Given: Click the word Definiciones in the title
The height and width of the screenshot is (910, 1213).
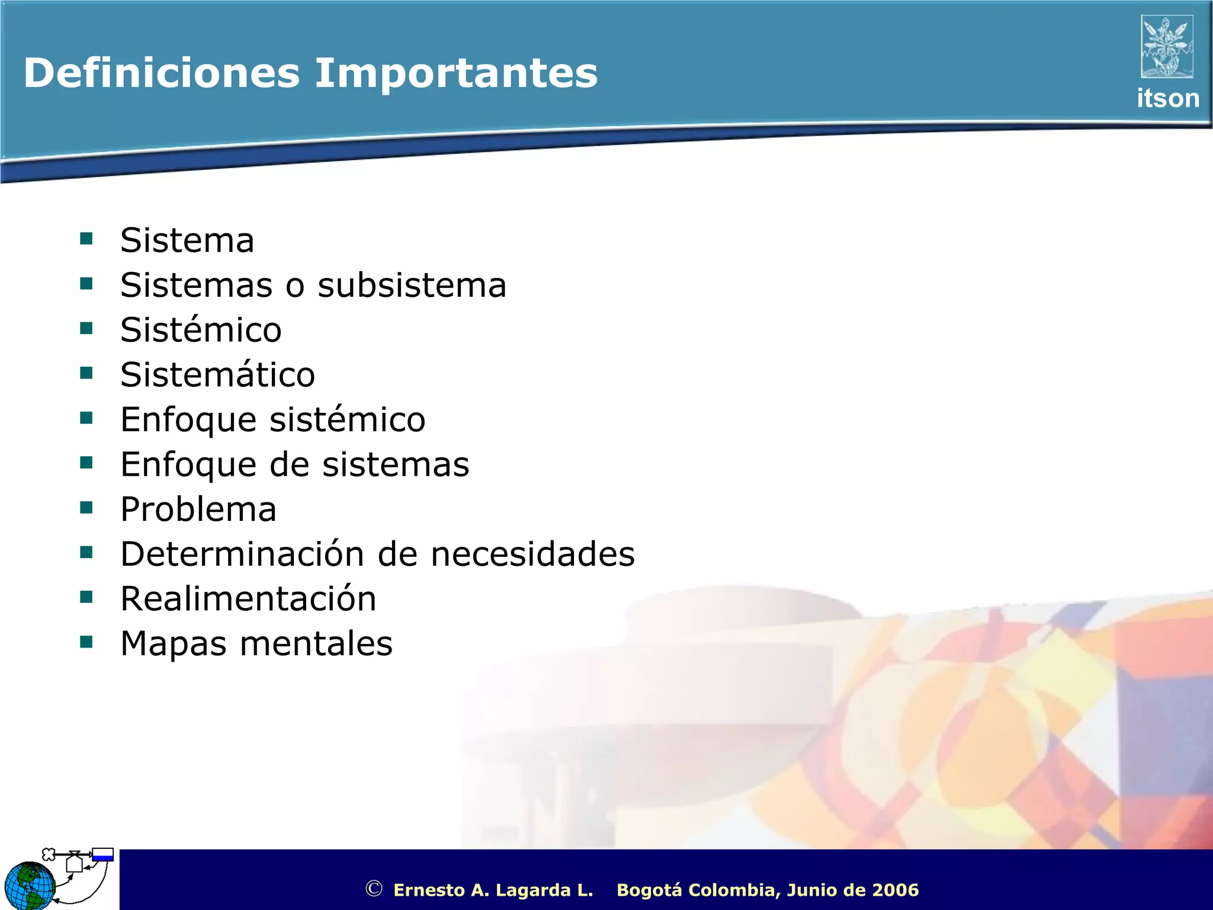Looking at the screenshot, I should pyautogui.click(x=162, y=73).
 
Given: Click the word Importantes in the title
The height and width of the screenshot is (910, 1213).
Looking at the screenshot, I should pyautogui.click(x=455, y=73).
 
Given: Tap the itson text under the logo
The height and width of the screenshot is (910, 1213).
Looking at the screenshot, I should pyautogui.click(x=1167, y=98).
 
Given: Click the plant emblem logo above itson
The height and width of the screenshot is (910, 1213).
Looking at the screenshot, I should pyautogui.click(x=1166, y=47).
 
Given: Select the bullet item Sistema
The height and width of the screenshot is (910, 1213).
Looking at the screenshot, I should pyautogui.click(x=187, y=241).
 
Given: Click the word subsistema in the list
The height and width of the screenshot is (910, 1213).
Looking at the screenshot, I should pyautogui.click(x=412, y=286).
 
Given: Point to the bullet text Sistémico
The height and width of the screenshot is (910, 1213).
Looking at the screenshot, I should pyautogui.click(x=201, y=330).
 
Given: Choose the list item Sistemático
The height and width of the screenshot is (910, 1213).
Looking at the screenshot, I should pyautogui.click(x=217, y=375).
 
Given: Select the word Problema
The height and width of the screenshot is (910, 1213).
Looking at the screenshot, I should pyautogui.click(x=198, y=510).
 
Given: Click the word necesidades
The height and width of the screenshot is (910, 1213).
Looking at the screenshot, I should pyautogui.click(x=532, y=555).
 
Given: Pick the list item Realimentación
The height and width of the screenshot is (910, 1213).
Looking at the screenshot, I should pyautogui.click(x=248, y=599).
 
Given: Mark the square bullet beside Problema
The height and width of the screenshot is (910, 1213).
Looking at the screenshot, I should pyautogui.click(x=86, y=508).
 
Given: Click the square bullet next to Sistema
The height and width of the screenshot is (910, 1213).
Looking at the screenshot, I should pyautogui.click(x=86, y=239).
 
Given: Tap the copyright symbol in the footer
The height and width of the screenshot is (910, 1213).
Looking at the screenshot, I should pyautogui.click(x=373, y=889).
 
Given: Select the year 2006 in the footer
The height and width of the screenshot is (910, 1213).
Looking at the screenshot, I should pyautogui.click(x=896, y=890).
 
